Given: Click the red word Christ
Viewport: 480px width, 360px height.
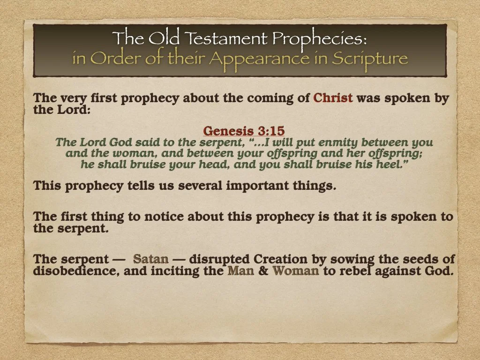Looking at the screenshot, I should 333,99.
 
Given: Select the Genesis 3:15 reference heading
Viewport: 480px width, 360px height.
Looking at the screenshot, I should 244,130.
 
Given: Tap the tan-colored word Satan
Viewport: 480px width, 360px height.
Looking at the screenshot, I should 150,259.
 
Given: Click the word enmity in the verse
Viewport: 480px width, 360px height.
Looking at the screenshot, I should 341,142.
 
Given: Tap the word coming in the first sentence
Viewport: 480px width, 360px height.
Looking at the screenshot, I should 277,99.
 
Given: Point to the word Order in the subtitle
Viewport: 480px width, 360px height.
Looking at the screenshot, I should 109,59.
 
